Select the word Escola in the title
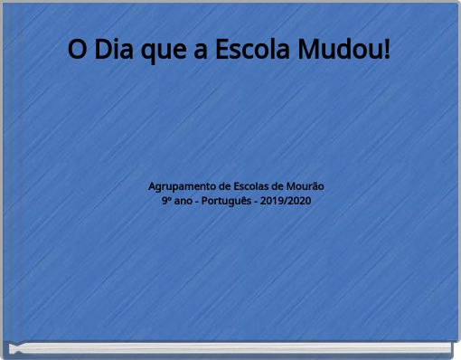(252, 50)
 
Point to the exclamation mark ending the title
(388, 50)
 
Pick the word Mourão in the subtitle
(305, 185)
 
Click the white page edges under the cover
(230, 348)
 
